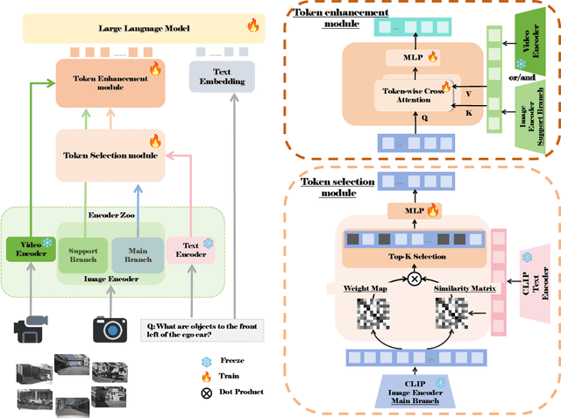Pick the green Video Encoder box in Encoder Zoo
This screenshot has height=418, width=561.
point(30,250)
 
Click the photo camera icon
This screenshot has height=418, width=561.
point(110,328)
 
